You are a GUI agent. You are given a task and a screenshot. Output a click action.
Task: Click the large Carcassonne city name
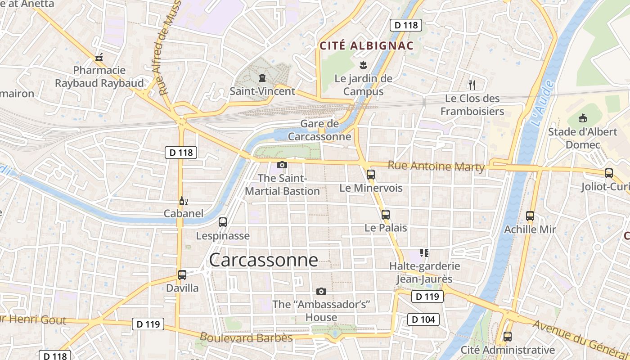click(263, 260)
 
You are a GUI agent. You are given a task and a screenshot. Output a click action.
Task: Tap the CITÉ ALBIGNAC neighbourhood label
click(366, 45)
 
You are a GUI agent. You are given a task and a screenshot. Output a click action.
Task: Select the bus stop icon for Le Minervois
click(371, 175)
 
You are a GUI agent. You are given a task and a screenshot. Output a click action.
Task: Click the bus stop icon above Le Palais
click(386, 215)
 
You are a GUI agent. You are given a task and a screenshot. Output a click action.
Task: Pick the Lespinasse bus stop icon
click(223, 222)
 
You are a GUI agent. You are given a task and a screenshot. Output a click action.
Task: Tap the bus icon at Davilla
click(182, 274)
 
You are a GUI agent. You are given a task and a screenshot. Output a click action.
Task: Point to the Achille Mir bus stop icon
click(530, 216)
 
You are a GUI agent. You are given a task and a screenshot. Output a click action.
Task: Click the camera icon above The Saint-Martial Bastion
click(282, 165)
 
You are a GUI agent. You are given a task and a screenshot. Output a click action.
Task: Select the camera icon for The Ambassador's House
click(321, 291)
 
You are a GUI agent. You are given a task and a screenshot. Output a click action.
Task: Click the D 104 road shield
click(423, 319)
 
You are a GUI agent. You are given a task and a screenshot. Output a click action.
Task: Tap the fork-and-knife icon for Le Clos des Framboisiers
click(472, 85)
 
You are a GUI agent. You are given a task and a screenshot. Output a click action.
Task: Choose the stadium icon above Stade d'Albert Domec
click(583, 118)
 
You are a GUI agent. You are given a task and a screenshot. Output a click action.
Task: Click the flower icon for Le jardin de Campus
click(363, 65)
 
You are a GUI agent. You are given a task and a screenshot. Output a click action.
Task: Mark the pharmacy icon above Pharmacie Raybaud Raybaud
click(99, 57)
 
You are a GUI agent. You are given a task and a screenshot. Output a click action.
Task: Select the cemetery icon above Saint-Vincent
click(262, 78)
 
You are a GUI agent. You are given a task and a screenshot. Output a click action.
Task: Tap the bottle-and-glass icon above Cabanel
click(183, 201)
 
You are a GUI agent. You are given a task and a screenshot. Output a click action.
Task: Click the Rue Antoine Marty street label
click(436, 166)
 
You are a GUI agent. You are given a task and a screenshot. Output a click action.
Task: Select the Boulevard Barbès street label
click(246, 337)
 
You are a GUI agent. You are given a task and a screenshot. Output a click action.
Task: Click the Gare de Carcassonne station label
click(319, 130)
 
